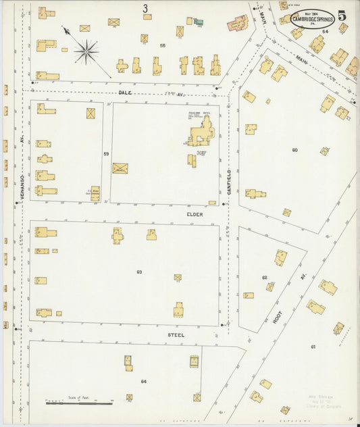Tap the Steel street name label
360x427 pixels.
click(176, 334)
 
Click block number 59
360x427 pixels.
click(106, 154)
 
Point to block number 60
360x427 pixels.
click(294, 149)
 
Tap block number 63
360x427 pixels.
click(139, 272)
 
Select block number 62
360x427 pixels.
click(265, 278)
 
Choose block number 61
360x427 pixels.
click(313, 347)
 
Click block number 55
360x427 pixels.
click(162, 45)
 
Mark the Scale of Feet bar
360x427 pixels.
click(79, 403)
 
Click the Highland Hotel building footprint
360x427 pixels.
click(201, 131)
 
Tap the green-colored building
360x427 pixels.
click(198, 22)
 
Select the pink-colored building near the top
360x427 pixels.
click(238, 24)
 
